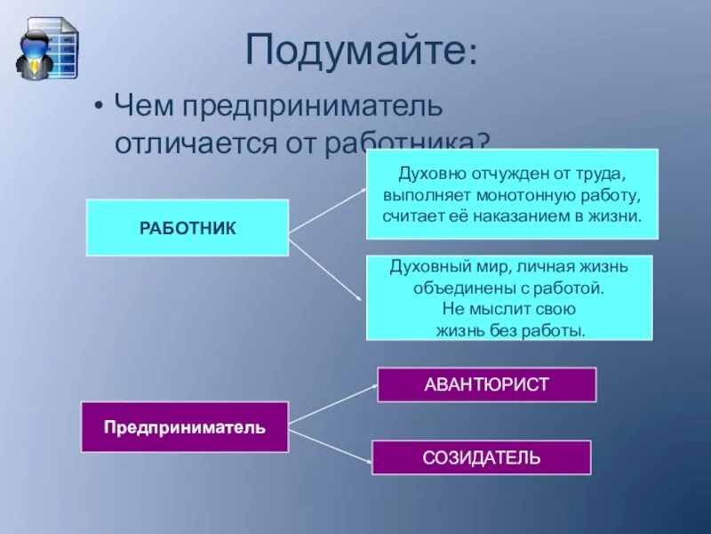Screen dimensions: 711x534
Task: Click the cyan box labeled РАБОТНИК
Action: click(188, 228)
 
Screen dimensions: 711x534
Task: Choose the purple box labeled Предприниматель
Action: click(185, 427)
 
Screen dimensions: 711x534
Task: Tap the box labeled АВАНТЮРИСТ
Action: click(486, 384)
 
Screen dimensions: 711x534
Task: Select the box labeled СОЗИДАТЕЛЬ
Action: click(481, 457)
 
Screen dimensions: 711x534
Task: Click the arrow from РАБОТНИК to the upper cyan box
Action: click(327, 210)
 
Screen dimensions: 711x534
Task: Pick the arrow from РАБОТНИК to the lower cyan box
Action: click(327, 272)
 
